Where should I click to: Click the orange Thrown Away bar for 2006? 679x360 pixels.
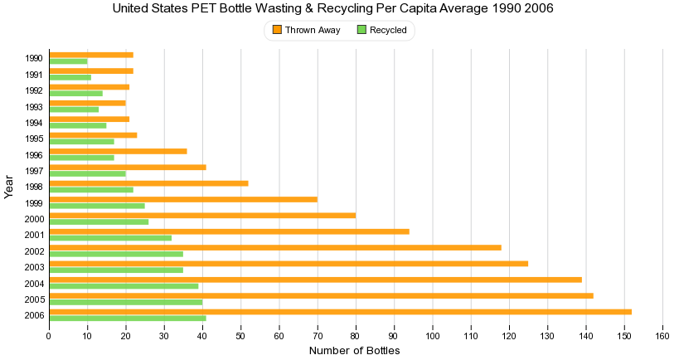click(340, 312)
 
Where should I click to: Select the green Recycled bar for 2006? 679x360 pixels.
click(128, 319)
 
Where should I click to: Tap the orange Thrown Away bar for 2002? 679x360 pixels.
click(275, 247)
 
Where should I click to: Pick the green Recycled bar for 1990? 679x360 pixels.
click(68, 61)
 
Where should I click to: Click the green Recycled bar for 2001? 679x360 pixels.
click(110, 238)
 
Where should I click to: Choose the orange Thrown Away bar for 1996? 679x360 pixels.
click(118, 151)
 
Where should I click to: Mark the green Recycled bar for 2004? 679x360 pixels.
click(124, 286)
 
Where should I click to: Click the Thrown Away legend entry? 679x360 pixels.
click(300, 30)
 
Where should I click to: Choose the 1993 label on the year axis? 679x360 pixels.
click(34, 106)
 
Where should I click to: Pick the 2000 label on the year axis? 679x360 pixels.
click(34, 219)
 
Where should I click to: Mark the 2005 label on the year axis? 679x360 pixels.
click(34, 299)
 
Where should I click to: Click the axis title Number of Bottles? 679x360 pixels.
click(354, 351)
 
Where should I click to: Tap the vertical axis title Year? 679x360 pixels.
click(9, 186)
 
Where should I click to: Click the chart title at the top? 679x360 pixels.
click(332, 8)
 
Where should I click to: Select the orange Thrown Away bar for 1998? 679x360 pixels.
click(148, 183)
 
